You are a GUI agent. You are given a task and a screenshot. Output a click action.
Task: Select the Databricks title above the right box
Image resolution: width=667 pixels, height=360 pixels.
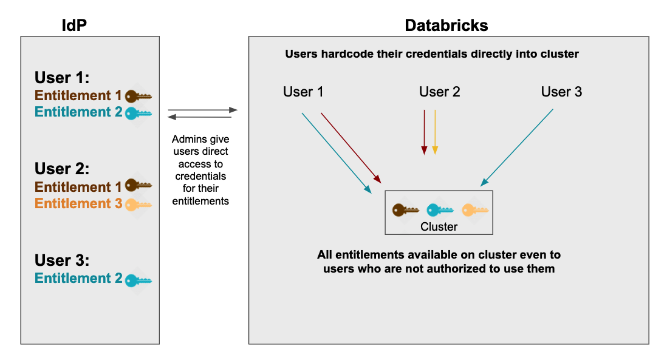pyautogui.click(x=446, y=25)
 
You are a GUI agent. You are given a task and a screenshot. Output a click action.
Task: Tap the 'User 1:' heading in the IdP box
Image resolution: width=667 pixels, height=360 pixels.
pyautogui.click(x=62, y=78)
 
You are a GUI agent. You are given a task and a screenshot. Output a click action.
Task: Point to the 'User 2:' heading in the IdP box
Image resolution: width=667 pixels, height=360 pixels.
pyautogui.click(x=62, y=169)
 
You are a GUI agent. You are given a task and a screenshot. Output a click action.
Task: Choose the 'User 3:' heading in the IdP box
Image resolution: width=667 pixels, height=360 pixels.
pyautogui.click(x=62, y=260)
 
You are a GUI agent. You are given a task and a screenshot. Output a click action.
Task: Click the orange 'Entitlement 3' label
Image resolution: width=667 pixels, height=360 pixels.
pyautogui.click(x=78, y=204)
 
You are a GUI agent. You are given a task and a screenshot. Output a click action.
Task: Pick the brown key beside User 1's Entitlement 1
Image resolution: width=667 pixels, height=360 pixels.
pyautogui.click(x=138, y=96)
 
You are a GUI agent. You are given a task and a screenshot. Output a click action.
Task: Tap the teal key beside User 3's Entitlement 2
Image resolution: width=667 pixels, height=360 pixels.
pyautogui.click(x=138, y=280)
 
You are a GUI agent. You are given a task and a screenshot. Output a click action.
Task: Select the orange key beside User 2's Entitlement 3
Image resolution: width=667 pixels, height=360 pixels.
pyautogui.click(x=138, y=205)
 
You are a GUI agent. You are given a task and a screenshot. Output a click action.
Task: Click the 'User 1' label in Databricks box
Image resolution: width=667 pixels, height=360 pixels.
pyautogui.click(x=303, y=92)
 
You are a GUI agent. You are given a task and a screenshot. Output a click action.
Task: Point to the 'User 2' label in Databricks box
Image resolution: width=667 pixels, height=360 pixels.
pyautogui.click(x=440, y=92)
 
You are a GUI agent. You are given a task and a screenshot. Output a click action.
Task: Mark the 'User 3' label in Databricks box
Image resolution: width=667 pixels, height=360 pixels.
pyautogui.click(x=561, y=92)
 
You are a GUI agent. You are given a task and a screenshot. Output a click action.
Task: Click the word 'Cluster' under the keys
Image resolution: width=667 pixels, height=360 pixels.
pyautogui.click(x=439, y=226)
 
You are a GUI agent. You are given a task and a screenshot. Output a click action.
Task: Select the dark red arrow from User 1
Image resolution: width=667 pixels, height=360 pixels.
pyautogui.click(x=351, y=148)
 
